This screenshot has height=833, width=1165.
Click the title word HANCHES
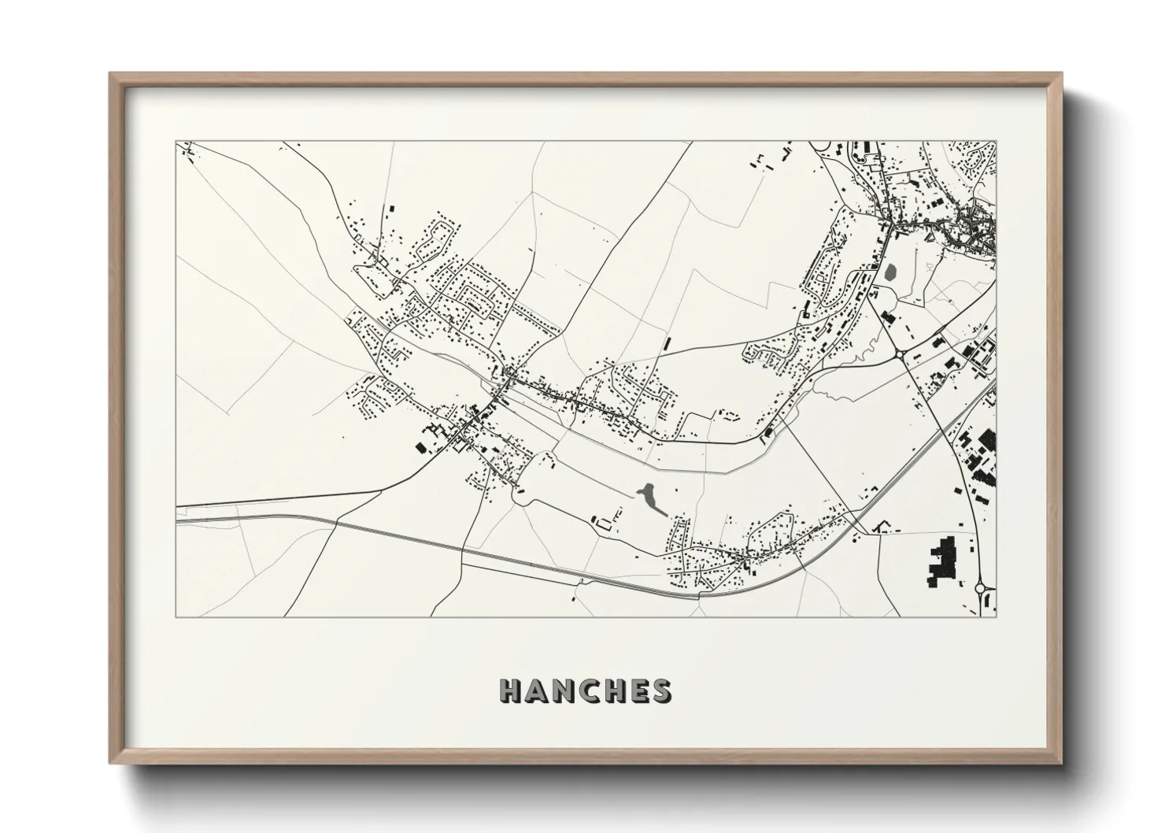[585, 690]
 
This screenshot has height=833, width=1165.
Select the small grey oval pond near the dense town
[891, 273]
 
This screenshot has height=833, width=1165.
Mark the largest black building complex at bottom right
[942, 561]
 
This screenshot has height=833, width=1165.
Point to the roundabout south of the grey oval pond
[899, 355]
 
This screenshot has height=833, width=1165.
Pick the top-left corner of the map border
[175, 142]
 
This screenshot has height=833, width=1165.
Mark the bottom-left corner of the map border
[175, 616]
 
